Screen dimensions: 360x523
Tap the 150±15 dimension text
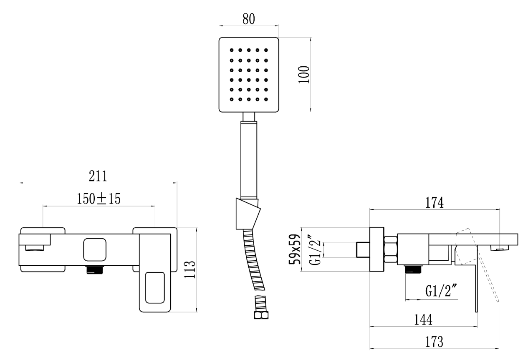(99, 199)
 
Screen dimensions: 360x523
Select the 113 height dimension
(190, 270)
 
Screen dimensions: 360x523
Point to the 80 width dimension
(249, 19)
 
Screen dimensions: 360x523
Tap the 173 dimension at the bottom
(434, 342)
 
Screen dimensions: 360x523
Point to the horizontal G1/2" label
(441, 291)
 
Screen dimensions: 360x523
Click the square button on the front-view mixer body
(95, 249)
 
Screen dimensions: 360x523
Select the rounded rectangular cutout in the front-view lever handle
(155, 287)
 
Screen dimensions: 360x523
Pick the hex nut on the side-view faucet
(391, 249)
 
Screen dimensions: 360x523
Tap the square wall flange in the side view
(377, 249)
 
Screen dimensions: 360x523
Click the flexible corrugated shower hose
(255, 263)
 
